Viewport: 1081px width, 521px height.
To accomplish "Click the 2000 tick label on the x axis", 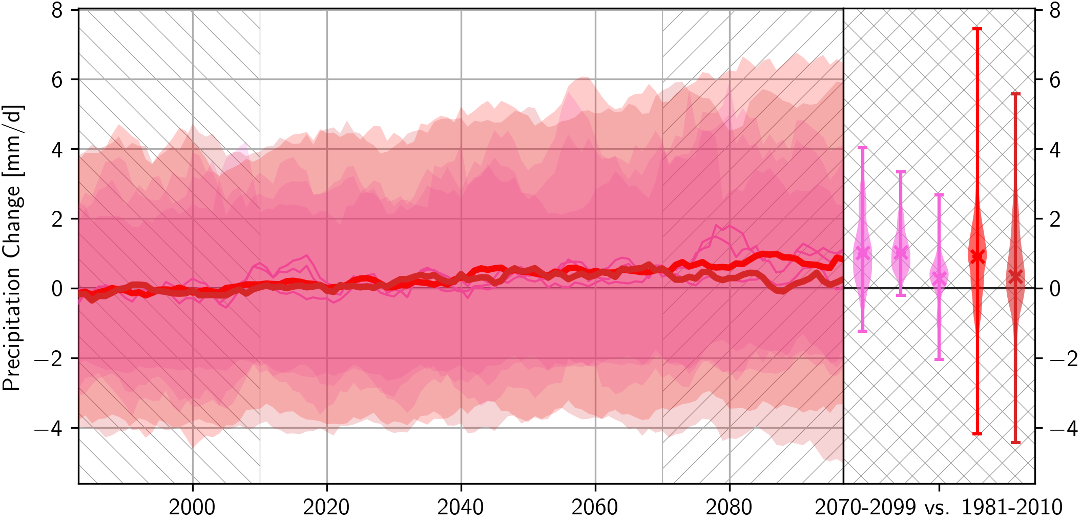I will [x=192, y=507].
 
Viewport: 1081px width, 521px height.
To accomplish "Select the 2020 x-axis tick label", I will [x=326, y=507].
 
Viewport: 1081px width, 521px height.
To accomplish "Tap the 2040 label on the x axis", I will [x=461, y=507].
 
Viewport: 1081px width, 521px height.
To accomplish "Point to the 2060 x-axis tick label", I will [x=595, y=507].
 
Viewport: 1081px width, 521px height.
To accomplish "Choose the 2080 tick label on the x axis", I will [x=729, y=507].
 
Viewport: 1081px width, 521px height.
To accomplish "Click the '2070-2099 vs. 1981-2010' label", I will [x=939, y=507].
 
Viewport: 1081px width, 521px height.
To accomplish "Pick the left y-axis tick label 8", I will [x=57, y=10].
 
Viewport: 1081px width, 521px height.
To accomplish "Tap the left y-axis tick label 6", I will [x=57, y=79].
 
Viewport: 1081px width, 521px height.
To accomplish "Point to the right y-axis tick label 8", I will [x=1055, y=10].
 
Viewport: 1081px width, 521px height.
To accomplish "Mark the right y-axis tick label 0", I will [x=1055, y=289].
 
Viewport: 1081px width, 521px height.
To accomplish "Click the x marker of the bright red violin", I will [x=978, y=256].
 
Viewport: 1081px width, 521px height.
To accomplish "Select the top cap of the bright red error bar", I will [x=978, y=29].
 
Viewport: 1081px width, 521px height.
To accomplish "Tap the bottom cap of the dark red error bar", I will [x=1016, y=443].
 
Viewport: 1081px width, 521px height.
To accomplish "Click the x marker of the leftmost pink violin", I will [x=863, y=252].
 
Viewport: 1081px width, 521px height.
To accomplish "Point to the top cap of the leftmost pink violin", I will [x=863, y=148].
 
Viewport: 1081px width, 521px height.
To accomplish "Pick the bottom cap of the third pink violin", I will [x=939, y=359].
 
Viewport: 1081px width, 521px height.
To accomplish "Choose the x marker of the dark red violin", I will [x=1016, y=276].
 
